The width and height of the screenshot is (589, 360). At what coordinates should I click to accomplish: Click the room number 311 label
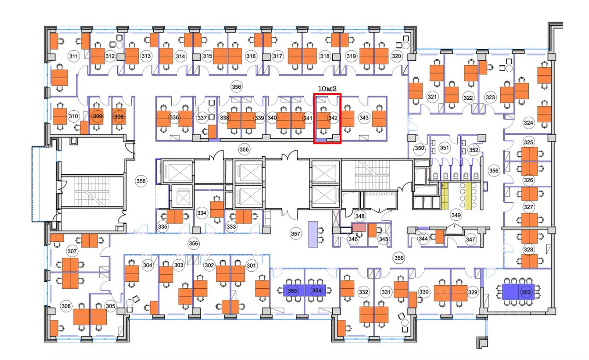pos(73,57)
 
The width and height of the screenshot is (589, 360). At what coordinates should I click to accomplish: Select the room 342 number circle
pos(333,118)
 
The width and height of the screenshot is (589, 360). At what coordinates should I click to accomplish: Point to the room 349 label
pos(456,215)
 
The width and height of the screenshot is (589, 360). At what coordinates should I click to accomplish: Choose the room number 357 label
pos(295,234)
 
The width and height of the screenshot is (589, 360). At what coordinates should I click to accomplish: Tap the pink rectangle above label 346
pos(359,227)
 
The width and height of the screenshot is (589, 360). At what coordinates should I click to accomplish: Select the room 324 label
pos(529,123)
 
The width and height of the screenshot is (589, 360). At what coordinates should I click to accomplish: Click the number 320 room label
pos(397,56)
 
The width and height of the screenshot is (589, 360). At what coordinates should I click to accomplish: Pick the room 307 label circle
pos(72,251)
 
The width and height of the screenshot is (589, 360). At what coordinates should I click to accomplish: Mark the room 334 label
pos(202,213)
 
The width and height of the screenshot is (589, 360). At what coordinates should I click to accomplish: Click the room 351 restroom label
pos(444,148)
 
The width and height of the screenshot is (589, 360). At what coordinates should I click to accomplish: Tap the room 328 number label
pos(529,250)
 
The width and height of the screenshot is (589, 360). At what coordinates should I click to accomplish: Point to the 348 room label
pos(360,216)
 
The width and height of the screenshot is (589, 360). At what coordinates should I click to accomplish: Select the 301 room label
pos(251,265)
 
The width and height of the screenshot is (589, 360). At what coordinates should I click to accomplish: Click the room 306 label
pos(66,307)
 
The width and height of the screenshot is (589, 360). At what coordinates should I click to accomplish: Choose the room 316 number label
pos(251,56)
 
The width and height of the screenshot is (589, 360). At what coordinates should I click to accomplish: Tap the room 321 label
pos(432,97)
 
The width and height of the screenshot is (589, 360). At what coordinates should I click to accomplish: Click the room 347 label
pos(470,240)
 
